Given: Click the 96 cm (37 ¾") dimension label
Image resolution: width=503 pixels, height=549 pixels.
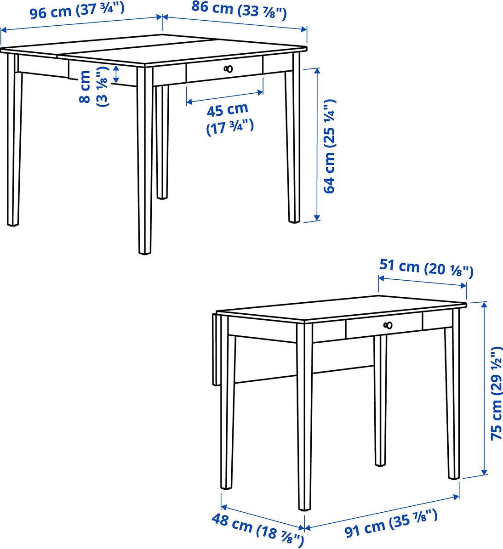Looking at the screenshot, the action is [x=77, y=11].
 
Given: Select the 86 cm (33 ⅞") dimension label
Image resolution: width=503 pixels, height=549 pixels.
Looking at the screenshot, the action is [x=239, y=10].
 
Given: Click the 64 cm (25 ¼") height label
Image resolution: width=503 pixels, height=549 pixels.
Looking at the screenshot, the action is [x=330, y=147].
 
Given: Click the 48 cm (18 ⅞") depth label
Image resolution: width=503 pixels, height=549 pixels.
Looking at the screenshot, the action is [x=257, y=529].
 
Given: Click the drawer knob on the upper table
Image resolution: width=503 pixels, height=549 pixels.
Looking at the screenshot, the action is [x=228, y=68].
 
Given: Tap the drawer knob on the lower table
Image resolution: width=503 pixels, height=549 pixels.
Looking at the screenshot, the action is [x=388, y=325].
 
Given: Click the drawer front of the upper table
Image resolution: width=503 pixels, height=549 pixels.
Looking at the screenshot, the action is [x=224, y=69].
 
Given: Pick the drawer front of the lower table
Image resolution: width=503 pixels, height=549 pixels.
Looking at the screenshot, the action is [x=384, y=326].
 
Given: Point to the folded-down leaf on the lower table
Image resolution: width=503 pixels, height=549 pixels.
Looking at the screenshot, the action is [x=216, y=349].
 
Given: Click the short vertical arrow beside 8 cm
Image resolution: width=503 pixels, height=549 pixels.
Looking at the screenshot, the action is [x=116, y=74].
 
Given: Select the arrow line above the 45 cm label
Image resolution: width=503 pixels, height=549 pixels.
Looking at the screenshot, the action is [x=225, y=97].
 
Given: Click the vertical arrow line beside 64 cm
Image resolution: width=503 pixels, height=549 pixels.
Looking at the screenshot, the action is [x=317, y=144].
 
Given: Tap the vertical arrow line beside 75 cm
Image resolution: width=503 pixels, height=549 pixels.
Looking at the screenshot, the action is [x=485, y=389].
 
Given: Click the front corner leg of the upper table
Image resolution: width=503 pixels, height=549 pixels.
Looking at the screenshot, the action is [x=145, y=159].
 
